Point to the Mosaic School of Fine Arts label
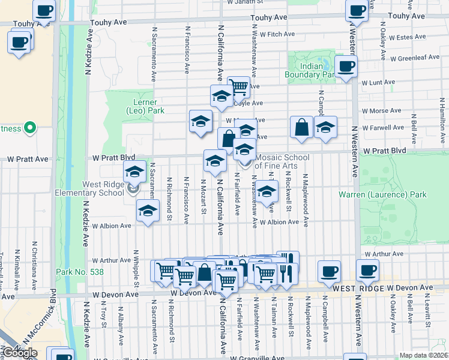280,161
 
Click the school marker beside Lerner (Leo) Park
200,122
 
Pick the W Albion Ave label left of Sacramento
112,226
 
